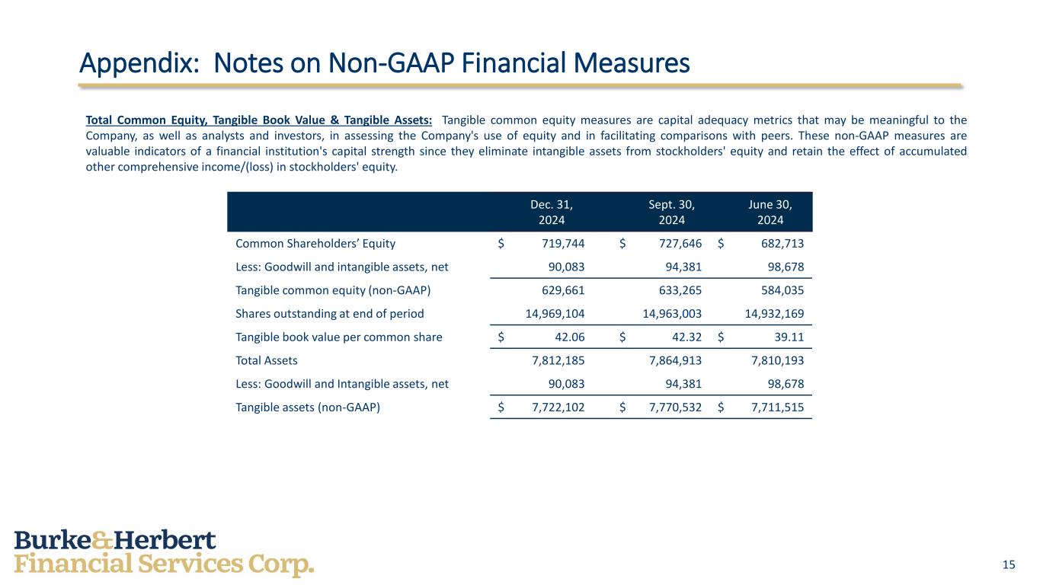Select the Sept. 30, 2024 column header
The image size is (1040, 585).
(671, 212)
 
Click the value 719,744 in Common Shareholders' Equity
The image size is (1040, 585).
(558, 244)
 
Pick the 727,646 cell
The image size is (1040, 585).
(677, 244)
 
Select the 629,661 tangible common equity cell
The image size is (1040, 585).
(558, 290)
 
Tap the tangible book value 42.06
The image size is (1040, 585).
(568, 337)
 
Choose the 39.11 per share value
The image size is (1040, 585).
(789, 337)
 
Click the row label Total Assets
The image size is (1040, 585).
(267, 360)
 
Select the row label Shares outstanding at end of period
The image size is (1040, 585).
(329, 313)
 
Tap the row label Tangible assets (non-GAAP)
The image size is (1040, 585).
(308, 407)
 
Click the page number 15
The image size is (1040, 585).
(1009, 564)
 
